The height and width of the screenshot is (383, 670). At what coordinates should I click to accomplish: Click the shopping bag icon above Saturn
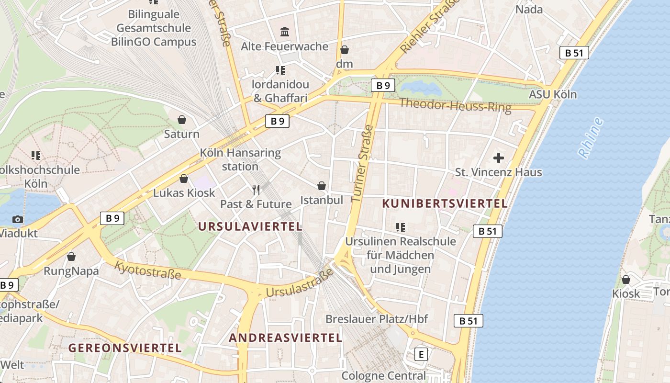click(x=182, y=120)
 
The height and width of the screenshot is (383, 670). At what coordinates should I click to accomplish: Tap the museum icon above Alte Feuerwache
click(x=285, y=32)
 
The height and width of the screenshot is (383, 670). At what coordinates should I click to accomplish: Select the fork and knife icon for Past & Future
click(x=256, y=190)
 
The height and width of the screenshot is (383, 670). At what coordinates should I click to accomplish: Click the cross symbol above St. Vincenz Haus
click(x=499, y=158)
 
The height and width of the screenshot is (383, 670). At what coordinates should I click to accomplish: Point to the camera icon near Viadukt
click(x=18, y=219)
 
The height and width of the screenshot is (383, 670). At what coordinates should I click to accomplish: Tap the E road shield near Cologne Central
click(x=421, y=354)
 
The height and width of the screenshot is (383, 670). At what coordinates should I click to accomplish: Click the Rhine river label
click(x=591, y=138)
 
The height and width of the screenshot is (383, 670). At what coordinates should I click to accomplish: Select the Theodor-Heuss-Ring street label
click(x=455, y=105)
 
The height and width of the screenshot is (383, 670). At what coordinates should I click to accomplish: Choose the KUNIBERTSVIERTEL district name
click(x=445, y=203)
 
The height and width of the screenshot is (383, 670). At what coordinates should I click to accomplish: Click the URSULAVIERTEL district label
click(x=250, y=226)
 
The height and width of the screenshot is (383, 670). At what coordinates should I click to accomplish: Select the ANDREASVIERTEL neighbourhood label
click(x=285, y=338)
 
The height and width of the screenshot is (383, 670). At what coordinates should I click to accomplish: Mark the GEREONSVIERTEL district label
click(x=125, y=348)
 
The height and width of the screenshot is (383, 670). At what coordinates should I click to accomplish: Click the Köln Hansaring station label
click(x=240, y=160)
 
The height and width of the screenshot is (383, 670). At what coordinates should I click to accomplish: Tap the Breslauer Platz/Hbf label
click(x=377, y=319)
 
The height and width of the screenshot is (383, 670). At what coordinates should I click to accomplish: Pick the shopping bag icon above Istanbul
click(x=322, y=186)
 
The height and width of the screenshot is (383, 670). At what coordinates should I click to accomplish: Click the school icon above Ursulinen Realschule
click(x=401, y=227)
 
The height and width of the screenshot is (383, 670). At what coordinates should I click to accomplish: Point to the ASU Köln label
click(x=553, y=94)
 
